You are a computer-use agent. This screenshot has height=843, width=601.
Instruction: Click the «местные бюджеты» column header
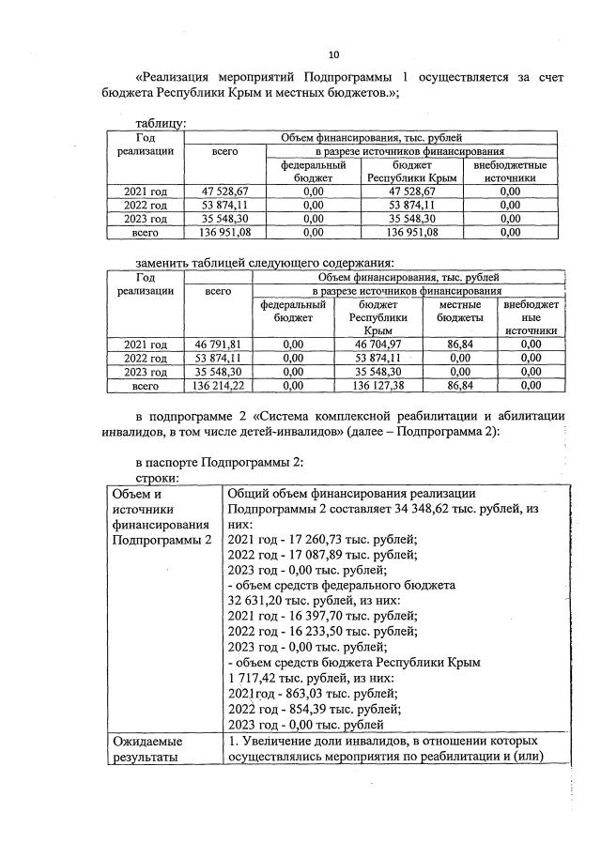tap(460, 312)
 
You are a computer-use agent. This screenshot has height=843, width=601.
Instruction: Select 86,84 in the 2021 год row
tap(460, 345)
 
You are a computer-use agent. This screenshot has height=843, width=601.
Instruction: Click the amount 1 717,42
tap(254, 676)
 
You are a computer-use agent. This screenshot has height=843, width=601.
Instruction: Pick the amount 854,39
tap(314, 707)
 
